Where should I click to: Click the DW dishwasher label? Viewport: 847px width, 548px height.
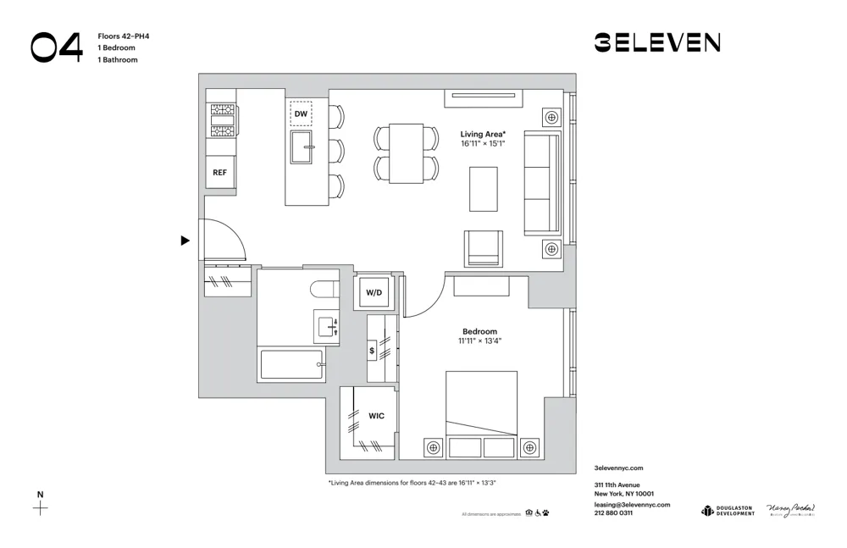(x=301, y=113)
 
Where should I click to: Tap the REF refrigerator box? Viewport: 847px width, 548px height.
(x=219, y=172)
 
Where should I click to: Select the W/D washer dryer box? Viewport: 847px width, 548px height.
(x=374, y=292)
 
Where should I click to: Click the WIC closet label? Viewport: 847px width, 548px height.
(x=376, y=416)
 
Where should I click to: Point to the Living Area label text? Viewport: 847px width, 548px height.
(x=482, y=134)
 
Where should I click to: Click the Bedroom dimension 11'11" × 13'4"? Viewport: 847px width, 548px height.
(x=479, y=341)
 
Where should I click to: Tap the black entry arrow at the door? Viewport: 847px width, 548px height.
(x=185, y=241)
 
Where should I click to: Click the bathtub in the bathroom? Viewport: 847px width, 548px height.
(x=291, y=365)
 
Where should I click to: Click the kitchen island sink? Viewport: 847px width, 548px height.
(x=302, y=147)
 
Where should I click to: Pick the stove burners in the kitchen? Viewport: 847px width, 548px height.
(x=222, y=120)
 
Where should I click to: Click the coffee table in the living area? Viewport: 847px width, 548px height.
(x=484, y=189)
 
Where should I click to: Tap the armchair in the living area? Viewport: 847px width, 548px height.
(x=483, y=248)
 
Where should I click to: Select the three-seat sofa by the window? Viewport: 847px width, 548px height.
(x=542, y=183)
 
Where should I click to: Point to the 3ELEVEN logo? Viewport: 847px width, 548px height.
(x=656, y=42)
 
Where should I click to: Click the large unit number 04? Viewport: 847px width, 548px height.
(x=57, y=47)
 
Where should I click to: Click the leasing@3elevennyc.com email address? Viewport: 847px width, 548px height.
(x=632, y=504)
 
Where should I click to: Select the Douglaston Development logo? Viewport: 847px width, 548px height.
(x=728, y=510)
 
